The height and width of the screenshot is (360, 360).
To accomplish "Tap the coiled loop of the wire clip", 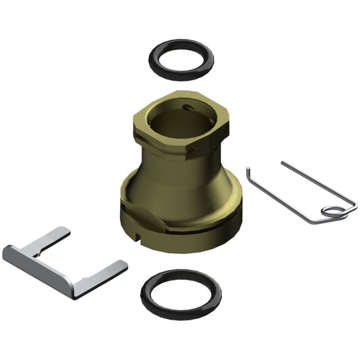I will pos(333,211).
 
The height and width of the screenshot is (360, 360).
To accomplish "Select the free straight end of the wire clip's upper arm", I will pos(283,163).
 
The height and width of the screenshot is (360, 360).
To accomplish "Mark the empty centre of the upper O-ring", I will pos(180,59).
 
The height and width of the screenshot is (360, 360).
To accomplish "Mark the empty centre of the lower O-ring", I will pos(180,294).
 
